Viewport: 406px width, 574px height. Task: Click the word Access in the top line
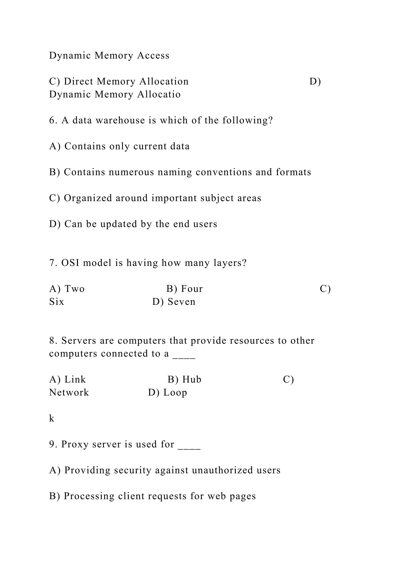click(153, 55)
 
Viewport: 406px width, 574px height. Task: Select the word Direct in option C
click(78, 81)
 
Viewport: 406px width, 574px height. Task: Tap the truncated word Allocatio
click(159, 95)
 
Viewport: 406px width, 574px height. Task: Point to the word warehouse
click(120, 121)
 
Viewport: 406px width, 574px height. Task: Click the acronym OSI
click(70, 263)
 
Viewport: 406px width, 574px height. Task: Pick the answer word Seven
click(182, 302)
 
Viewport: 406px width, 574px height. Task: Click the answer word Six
click(56, 302)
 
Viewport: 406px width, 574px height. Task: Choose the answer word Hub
click(192, 380)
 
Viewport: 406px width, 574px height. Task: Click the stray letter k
click(52, 418)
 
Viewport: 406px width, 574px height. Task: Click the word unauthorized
click(222, 470)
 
